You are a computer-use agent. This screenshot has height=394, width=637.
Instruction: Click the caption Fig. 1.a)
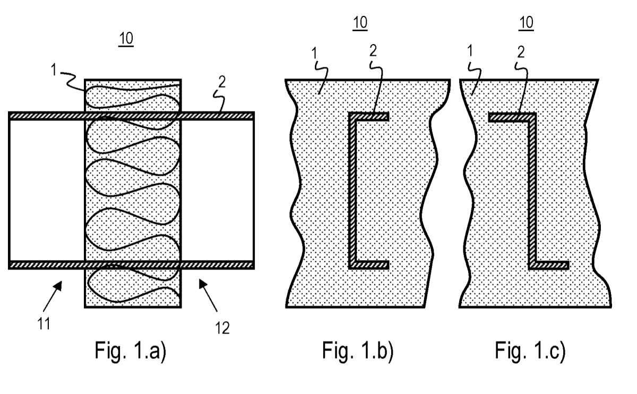click(130, 352)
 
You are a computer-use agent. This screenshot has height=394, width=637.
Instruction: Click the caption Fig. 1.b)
click(358, 352)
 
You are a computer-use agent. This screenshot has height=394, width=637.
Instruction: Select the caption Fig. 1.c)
click(530, 352)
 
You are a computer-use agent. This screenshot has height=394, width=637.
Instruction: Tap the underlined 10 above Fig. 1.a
click(126, 39)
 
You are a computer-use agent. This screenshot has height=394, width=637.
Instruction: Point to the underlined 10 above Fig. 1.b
click(360, 23)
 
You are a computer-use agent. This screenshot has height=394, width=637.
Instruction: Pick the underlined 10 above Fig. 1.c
click(526, 23)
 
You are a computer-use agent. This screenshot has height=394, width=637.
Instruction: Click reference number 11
click(44, 324)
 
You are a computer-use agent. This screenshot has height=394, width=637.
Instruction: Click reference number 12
click(222, 328)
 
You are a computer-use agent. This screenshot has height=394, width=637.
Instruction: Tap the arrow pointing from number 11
click(53, 296)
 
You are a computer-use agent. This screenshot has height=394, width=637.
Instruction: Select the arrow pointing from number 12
click(208, 295)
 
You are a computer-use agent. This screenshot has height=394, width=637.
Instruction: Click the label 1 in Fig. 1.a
click(54, 70)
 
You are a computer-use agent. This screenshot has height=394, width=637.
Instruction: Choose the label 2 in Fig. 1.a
click(222, 82)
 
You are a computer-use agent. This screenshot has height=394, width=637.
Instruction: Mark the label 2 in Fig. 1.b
click(373, 51)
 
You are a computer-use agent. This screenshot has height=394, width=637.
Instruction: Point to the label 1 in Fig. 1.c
click(470, 50)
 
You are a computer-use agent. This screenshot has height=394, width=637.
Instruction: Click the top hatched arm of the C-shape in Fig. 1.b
click(368, 117)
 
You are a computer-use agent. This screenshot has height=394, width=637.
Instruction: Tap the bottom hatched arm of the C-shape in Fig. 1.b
click(368, 265)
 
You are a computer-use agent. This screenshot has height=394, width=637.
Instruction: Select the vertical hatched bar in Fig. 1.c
click(532, 191)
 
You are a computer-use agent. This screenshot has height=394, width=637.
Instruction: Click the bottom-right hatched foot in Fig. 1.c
click(548, 265)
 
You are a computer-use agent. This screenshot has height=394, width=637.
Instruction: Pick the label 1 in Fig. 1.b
click(314, 53)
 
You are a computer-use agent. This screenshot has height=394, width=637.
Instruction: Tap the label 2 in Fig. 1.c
click(521, 52)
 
